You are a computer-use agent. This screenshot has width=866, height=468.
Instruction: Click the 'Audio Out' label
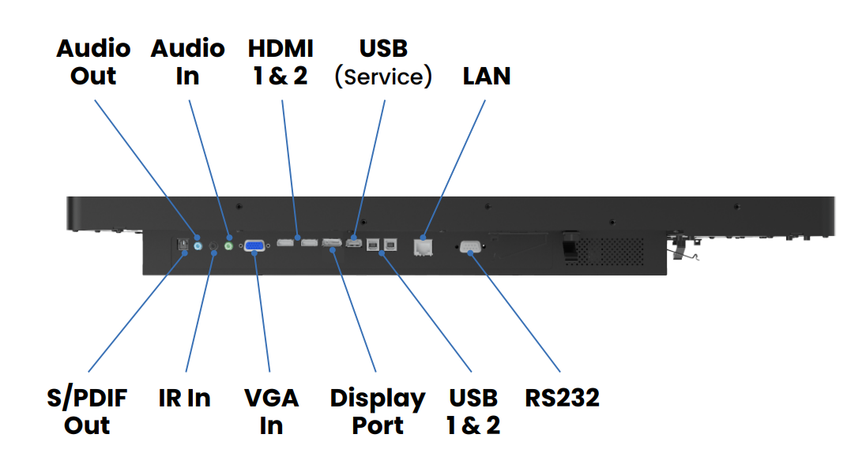(x=93, y=62)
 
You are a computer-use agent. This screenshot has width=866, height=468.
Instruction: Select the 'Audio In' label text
(x=187, y=62)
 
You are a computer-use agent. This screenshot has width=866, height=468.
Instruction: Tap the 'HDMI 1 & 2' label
(x=281, y=62)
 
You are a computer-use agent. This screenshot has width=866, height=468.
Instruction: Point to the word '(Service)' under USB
(x=383, y=77)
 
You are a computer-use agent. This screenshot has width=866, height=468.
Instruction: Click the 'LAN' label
(x=486, y=77)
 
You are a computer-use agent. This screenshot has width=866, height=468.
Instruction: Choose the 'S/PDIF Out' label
(x=86, y=411)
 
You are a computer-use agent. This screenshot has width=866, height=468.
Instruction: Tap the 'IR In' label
(x=184, y=399)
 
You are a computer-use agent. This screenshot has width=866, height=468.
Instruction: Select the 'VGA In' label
(x=271, y=411)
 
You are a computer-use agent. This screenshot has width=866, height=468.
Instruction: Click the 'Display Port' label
(x=378, y=411)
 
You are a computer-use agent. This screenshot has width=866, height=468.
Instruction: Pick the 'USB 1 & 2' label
(x=473, y=411)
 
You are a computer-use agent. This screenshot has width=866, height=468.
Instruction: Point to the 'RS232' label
(x=562, y=398)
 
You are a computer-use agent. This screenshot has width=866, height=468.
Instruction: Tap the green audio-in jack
(x=229, y=245)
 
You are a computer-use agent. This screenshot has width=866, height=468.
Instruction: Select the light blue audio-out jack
(x=198, y=245)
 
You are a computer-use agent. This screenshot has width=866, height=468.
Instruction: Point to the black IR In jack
(x=213, y=247)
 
